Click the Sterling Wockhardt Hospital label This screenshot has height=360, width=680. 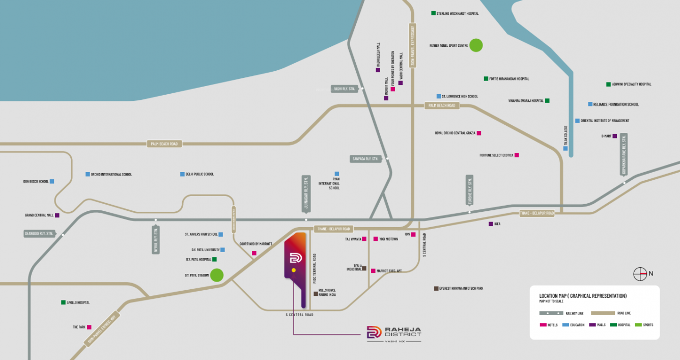coord(457,13)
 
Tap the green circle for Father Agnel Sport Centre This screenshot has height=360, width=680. coord(475,45)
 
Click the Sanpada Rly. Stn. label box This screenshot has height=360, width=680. coord(366,159)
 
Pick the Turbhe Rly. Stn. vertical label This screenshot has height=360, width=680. coord(469,190)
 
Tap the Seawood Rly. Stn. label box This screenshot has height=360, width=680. coord(39,234)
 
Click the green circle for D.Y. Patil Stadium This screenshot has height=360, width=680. coord(217,275)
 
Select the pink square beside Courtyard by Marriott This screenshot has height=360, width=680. coord(254,253)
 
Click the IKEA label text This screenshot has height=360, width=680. coord(497,224)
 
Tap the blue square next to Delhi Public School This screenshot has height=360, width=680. coord(182,174)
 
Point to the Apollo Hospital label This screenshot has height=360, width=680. coord(78,302)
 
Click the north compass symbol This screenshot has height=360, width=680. coord(640,274)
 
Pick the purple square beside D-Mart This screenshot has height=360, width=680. coord(614,136)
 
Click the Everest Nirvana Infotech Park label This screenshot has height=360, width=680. coord(461,288)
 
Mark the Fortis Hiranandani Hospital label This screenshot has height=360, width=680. coord(508,79)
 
